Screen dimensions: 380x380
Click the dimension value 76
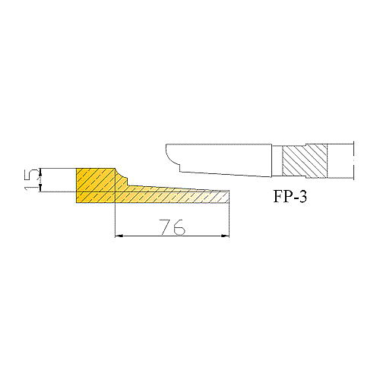point(173,227)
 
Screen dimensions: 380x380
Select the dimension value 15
point(31,180)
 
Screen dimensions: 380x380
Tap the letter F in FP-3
point(278,196)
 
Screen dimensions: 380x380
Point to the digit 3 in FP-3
point(302,196)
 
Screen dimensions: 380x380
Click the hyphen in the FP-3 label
point(295,198)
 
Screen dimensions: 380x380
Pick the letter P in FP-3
point(287,196)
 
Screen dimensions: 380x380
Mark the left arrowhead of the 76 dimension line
point(119,236)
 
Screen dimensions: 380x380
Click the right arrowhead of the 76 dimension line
point(225,236)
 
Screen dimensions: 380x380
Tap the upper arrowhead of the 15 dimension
point(40,172)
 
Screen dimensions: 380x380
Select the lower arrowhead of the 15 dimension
point(40,188)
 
